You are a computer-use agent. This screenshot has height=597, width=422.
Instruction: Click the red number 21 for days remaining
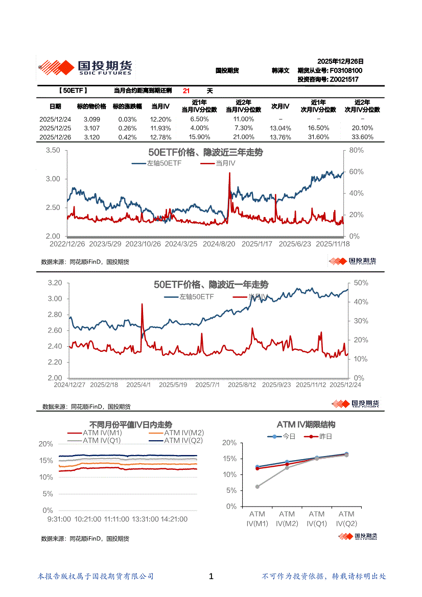click(x=186, y=91)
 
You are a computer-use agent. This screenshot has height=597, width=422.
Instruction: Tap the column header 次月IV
click(x=280, y=107)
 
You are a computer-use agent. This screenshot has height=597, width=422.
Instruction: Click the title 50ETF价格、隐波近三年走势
click(x=205, y=153)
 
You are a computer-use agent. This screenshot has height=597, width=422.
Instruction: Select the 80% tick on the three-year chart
click(x=357, y=151)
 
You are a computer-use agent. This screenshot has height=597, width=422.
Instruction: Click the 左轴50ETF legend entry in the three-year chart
click(x=163, y=163)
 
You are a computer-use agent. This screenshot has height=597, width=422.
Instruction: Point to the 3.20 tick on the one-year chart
click(x=55, y=283)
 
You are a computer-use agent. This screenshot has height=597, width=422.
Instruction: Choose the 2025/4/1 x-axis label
click(x=138, y=385)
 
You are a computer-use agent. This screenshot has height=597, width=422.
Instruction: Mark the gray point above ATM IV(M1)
click(x=257, y=487)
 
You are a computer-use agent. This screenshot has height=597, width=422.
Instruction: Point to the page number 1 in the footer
click(x=212, y=577)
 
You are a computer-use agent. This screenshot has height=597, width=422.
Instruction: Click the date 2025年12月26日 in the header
click(x=340, y=61)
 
